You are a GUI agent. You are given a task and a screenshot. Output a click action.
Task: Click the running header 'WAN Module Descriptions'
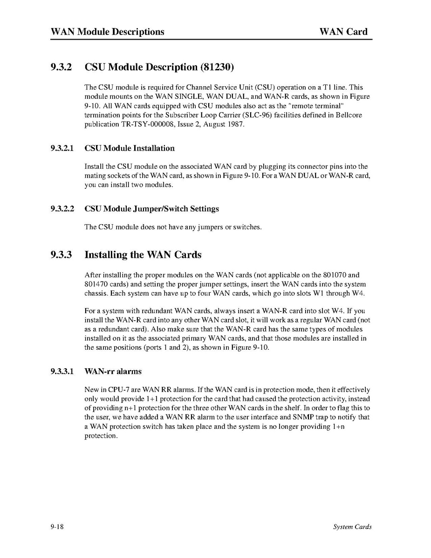[x=108, y=32]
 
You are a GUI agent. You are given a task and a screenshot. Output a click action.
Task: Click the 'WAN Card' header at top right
[x=343, y=32]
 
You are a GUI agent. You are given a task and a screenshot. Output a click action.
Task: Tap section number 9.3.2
[x=62, y=67]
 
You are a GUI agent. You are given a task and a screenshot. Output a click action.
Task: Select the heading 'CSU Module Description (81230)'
[x=159, y=67]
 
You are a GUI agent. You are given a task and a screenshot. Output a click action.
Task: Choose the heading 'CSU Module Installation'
[x=130, y=148]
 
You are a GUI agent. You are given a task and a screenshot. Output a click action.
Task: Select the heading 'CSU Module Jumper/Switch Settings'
[x=151, y=209]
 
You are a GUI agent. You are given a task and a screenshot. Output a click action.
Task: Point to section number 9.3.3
[x=62, y=255]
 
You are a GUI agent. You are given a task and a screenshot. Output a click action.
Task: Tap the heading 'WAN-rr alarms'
[x=113, y=372]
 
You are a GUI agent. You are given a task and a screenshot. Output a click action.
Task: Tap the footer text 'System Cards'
[x=352, y=527]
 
